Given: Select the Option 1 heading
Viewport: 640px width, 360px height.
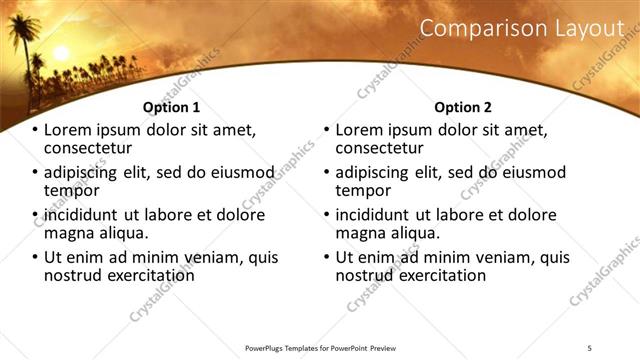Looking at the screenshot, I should [171, 107].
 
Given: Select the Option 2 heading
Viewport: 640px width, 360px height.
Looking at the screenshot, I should [463, 107].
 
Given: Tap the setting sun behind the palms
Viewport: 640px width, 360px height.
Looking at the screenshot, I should [59, 52].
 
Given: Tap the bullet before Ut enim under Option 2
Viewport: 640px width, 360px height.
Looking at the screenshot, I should [326, 257].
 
